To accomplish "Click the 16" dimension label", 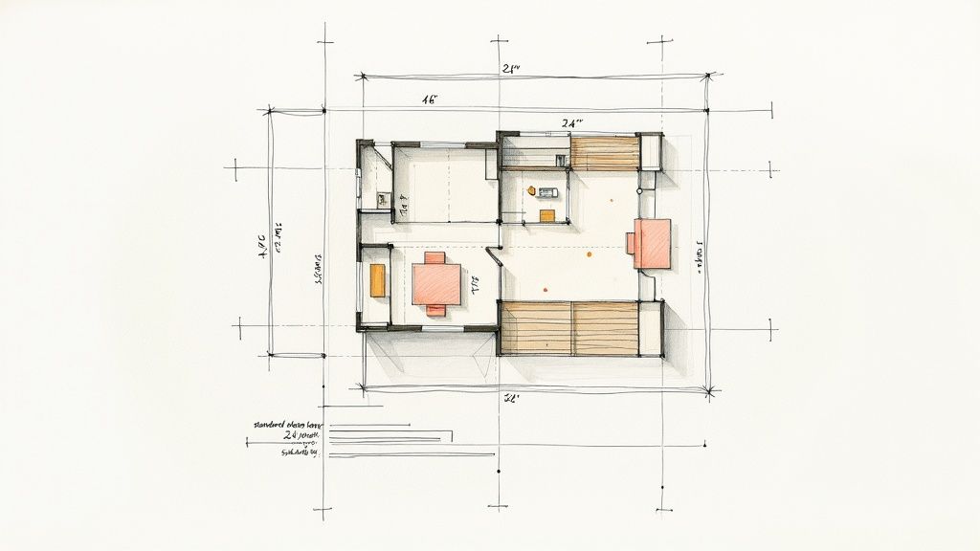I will click(429, 99).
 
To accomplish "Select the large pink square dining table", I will click(436, 284).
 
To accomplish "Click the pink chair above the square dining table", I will click(434, 257).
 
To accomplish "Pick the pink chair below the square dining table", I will click(435, 309).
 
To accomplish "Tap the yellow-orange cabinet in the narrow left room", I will click(377, 279).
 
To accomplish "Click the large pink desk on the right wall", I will click(651, 243).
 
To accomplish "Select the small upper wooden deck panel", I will click(605, 153).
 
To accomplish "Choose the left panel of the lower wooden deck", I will click(535, 327).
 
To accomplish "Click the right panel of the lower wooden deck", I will click(605, 327).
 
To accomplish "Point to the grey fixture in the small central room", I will click(546, 192).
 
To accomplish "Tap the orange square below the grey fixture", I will click(546, 215).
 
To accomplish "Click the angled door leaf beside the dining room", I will click(495, 256).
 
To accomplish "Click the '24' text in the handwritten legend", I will click(292, 435).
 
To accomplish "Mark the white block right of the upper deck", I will click(651, 152).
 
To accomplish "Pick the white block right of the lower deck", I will click(651, 328).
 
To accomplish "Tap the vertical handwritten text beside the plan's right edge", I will click(700, 256).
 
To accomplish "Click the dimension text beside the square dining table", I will click(475, 283).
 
